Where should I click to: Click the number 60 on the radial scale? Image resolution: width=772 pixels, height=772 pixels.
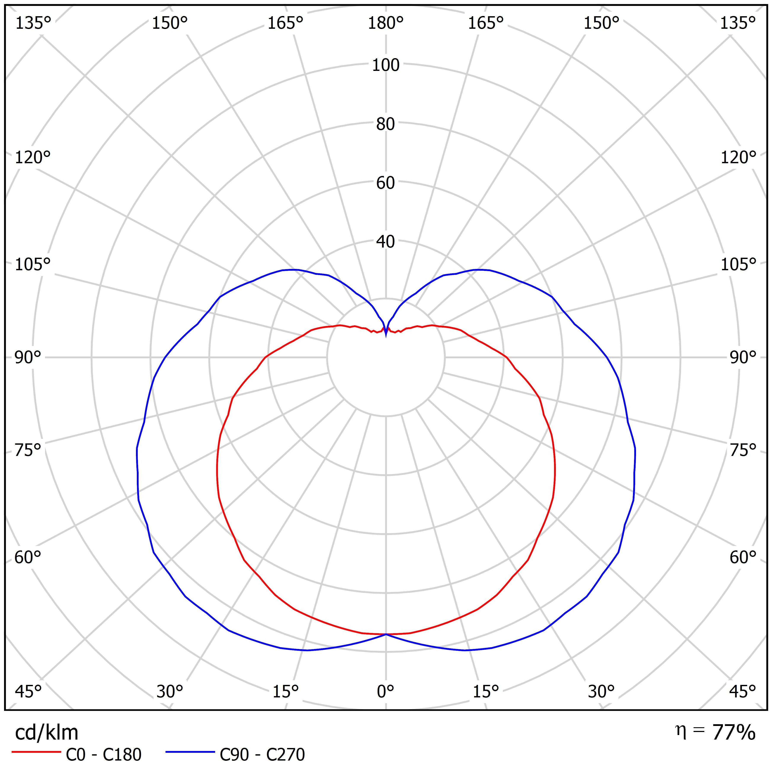click(x=386, y=183)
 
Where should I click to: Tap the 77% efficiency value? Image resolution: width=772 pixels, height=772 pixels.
click(x=734, y=732)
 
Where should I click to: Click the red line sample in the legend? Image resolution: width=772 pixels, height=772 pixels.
click(x=36, y=752)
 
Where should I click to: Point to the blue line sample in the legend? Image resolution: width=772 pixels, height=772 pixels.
click(x=190, y=752)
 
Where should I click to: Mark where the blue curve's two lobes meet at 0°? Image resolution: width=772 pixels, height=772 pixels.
click(x=386, y=634)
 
